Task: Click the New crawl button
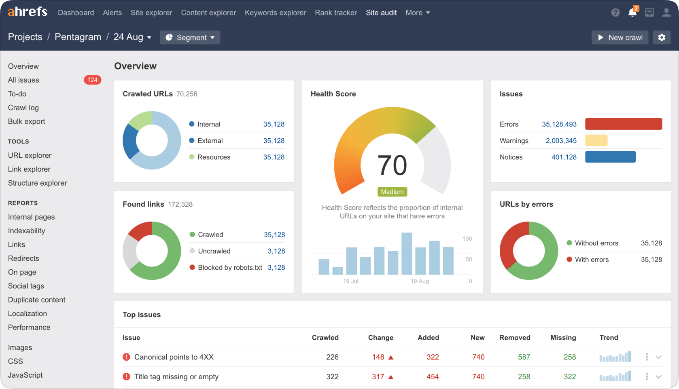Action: tap(620, 38)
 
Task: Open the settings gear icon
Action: tap(662, 38)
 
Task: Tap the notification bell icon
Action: tap(632, 13)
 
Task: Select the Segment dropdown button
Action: tap(190, 38)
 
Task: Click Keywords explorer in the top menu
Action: tap(275, 13)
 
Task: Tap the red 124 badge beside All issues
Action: tap(92, 80)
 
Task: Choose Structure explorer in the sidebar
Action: tap(38, 183)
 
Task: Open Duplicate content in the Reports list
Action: tap(37, 300)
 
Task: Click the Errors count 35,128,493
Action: tap(559, 124)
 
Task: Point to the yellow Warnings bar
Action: tap(596, 140)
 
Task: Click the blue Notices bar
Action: tap(610, 157)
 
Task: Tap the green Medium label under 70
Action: tap(392, 192)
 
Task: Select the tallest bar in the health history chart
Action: tap(407, 254)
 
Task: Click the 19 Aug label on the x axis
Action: tap(420, 281)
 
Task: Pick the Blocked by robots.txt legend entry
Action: tap(230, 267)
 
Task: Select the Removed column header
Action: tap(514, 338)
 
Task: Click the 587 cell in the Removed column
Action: tap(524, 357)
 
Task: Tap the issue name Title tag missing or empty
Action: tap(176, 376)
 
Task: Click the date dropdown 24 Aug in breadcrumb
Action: tap(132, 37)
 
